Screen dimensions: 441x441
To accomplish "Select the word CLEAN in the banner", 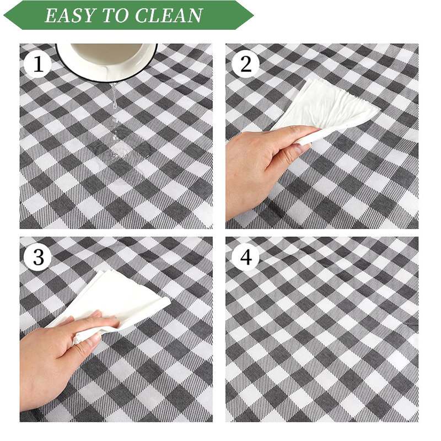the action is click(x=169, y=15).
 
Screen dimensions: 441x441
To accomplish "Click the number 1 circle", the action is click(x=38, y=64).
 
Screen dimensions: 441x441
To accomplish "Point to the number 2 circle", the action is click(x=245, y=64).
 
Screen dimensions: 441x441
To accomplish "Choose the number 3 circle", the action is click(x=38, y=257).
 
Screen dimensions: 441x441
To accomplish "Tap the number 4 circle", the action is click(x=245, y=257).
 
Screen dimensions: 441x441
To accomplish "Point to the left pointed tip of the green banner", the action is click(x=4, y=15).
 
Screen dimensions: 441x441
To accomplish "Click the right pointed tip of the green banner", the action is click(x=254, y=15).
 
